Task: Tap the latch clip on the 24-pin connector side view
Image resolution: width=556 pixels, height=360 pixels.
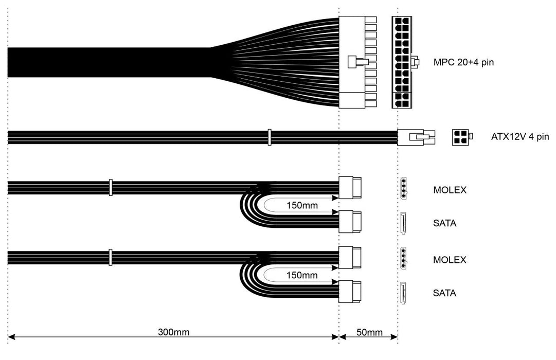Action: (x=355, y=62)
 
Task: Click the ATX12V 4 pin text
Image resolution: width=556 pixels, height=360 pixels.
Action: (x=520, y=137)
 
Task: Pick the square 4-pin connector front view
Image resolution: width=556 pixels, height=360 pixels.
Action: (x=460, y=137)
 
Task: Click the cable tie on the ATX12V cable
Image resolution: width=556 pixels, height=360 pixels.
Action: (x=268, y=137)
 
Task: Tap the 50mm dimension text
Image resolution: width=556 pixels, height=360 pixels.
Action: (x=369, y=332)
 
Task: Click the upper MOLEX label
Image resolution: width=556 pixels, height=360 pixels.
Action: (x=450, y=190)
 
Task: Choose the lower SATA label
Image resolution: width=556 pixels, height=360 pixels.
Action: (x=445, y=294)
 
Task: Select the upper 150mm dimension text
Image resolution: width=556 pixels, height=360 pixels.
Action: (x=302, y=206)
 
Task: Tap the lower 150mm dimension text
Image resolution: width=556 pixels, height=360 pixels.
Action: (x=302, y=276)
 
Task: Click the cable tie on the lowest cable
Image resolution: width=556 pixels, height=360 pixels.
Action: (x=110, y=257)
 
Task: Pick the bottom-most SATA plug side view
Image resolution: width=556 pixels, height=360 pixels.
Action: (x=350, y=292)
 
